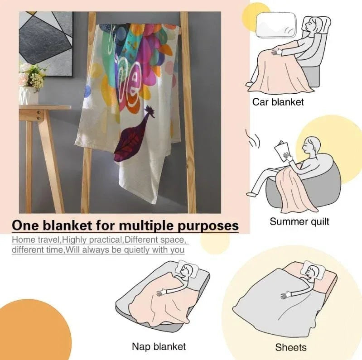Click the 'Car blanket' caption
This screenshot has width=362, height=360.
click(278, 102)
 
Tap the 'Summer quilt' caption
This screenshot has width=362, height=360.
click(299, 221)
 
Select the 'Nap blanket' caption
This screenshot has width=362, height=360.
click(159, 346)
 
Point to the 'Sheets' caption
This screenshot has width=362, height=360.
click(291, 347)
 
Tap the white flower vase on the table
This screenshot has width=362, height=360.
click(29, 95)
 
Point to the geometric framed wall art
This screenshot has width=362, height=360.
click(45, 43)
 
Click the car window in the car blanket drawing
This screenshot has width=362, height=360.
click(276, 25)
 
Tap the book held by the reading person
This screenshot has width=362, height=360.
click(282, 151)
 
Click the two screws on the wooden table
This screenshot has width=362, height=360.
click(39, 115)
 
